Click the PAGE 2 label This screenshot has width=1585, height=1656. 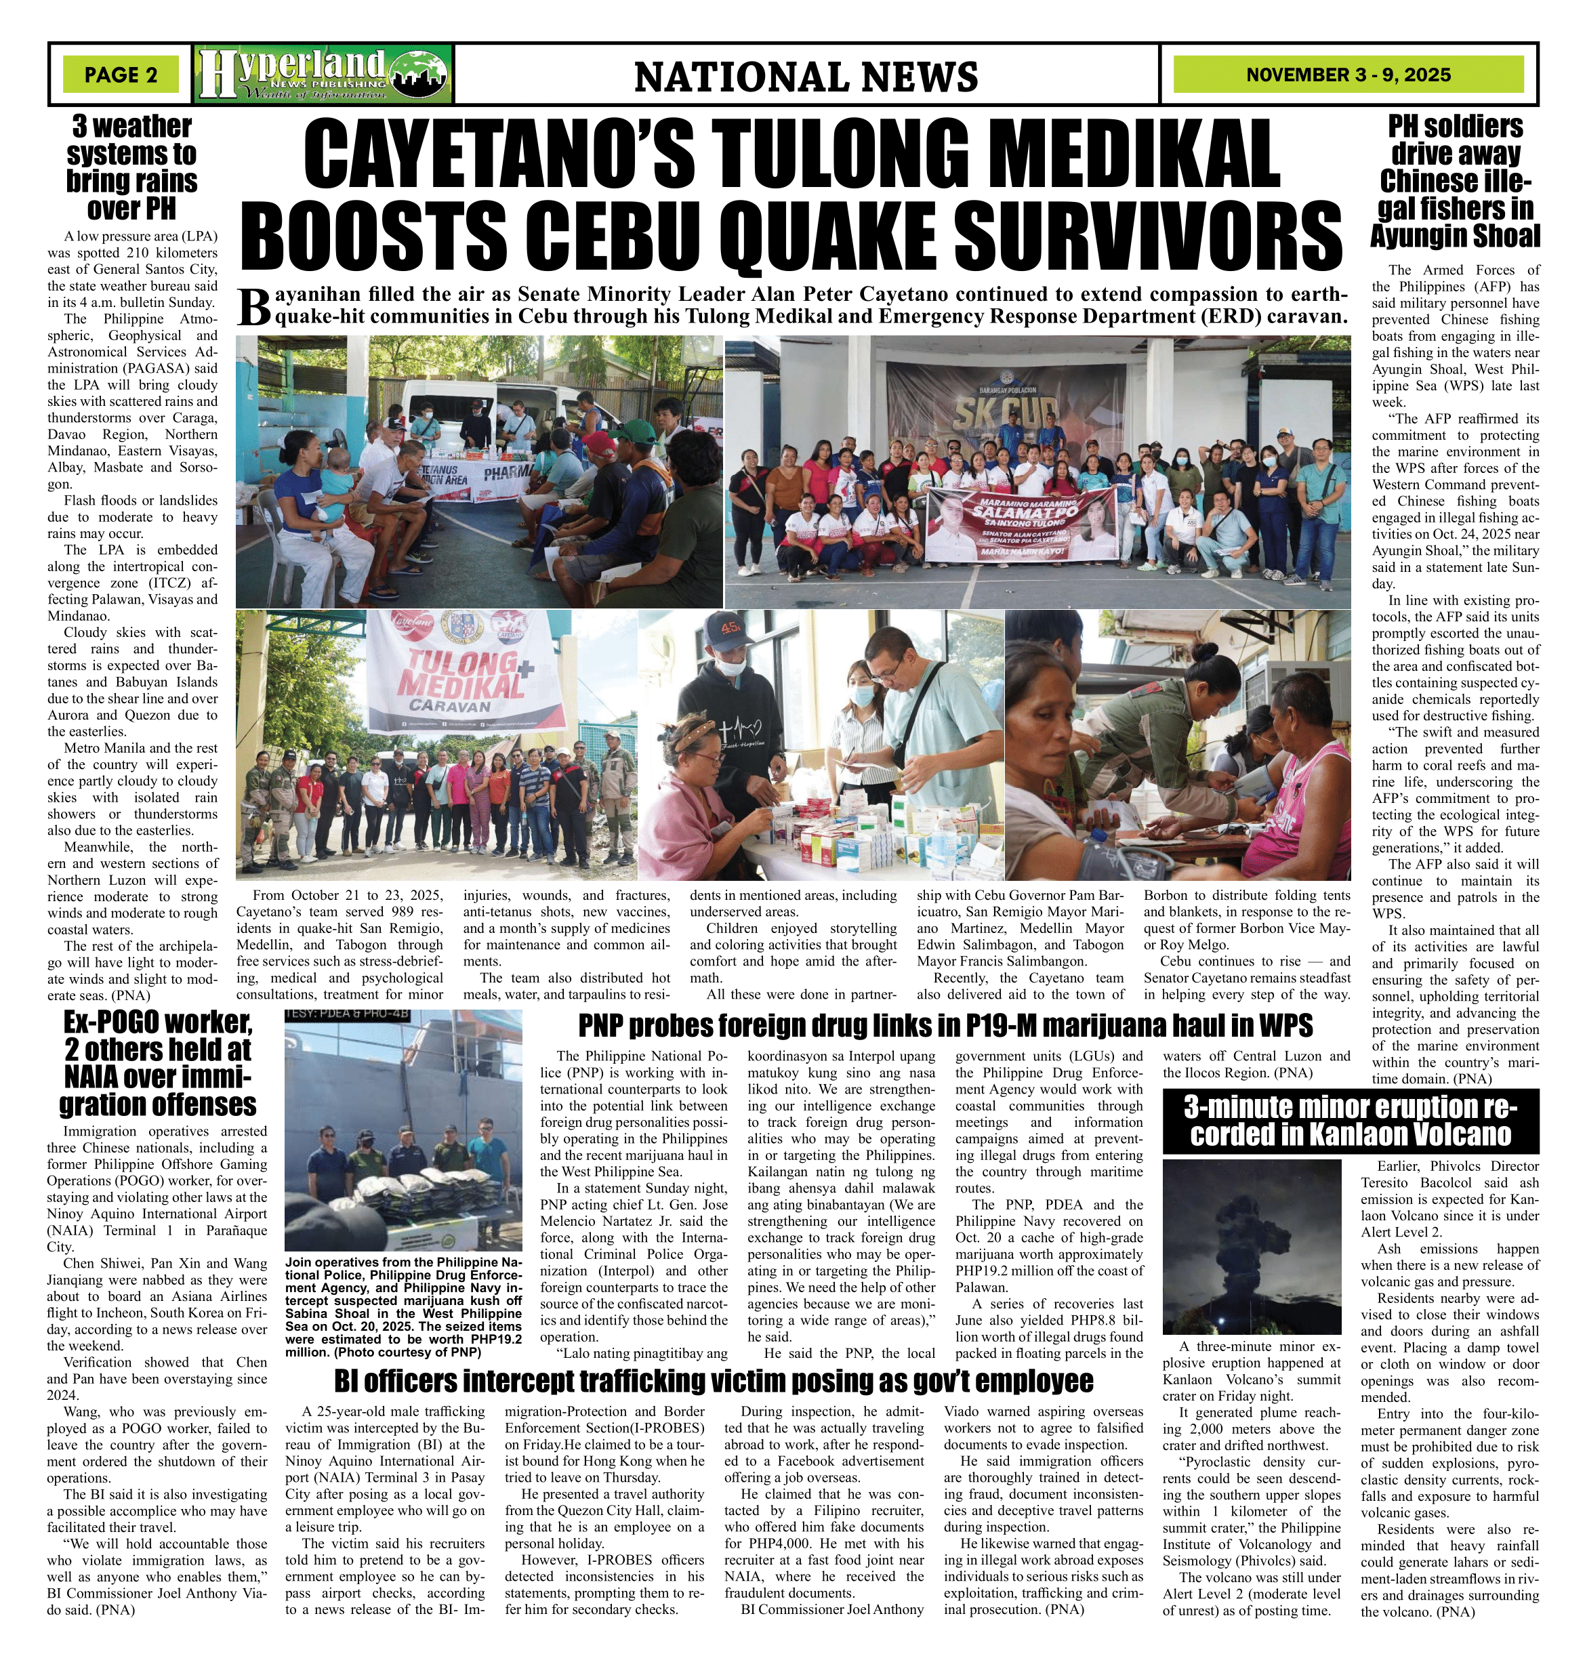pos(121,75)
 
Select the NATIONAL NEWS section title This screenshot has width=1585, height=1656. pos(805,77)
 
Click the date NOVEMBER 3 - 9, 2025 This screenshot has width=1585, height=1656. pos(1348,75)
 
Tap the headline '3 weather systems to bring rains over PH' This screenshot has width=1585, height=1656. pos(132,167)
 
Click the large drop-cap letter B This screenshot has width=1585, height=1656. pos(253,308)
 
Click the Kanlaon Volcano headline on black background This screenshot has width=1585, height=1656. pos(1350,1120)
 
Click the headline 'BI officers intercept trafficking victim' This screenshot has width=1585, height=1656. pos(714,1380)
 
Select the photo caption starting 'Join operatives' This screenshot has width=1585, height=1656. pos(403,1306)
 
